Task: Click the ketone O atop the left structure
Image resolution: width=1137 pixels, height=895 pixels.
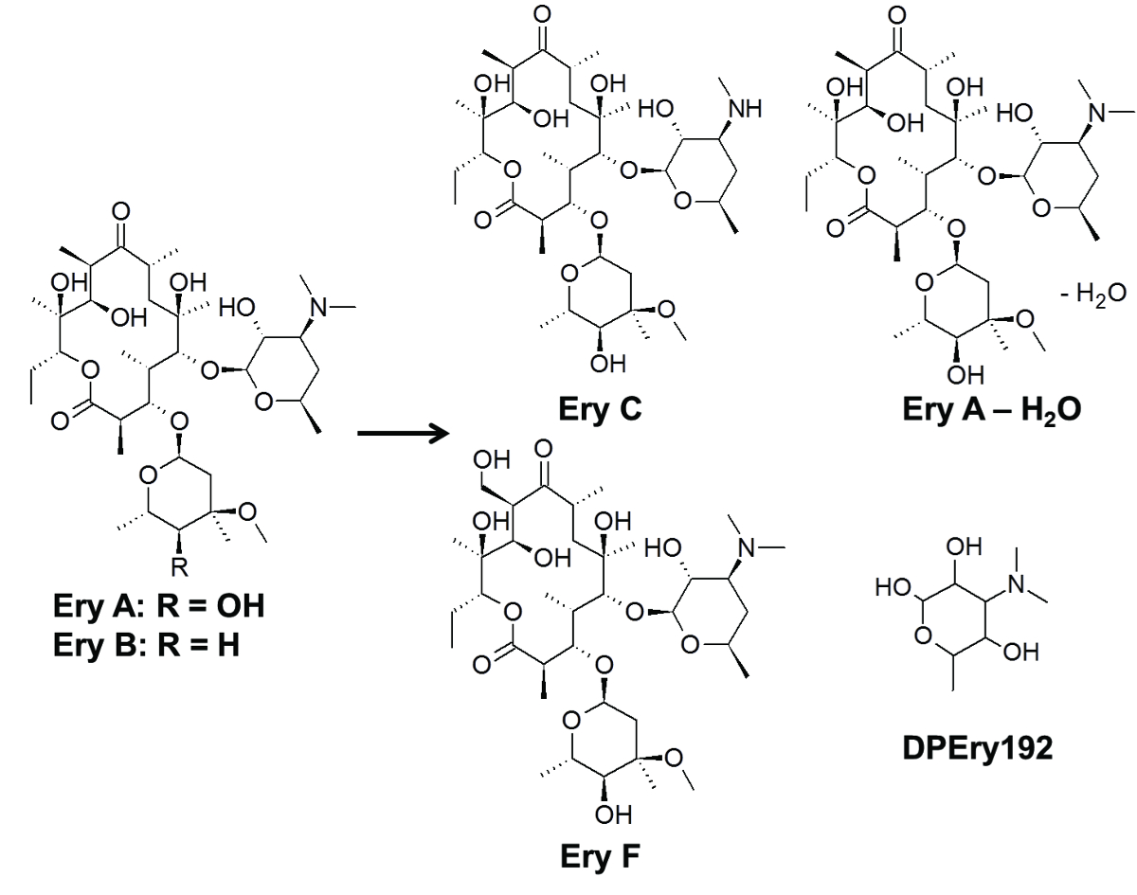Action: (119, 208)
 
